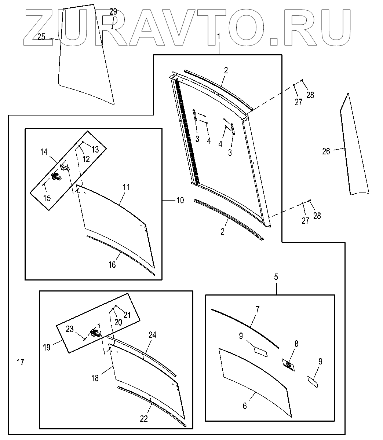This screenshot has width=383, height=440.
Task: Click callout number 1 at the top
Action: click(x=219, y=37)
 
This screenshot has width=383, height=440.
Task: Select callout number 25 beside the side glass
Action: click(x=41, y=36)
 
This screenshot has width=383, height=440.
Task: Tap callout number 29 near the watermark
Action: click(x=113, y=12)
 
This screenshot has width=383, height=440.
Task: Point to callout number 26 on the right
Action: click(x=326, y=151)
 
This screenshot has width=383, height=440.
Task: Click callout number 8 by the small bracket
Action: click(x=296, y=344)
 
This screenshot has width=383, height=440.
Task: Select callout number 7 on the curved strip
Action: click(x=258, y=309)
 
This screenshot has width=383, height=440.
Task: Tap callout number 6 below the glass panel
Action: click(x=245, y=406)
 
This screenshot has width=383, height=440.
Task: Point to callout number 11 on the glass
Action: click(x=126, y=187)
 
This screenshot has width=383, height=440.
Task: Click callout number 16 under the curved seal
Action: click(x=112, y=264)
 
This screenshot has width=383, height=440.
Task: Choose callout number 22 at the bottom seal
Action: click(x=144, y=419)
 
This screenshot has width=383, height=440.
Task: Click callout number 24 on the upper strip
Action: click(x=152, y=335)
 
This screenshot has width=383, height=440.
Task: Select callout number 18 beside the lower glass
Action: click(x=95, y=378)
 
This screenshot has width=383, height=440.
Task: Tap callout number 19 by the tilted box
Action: click(x=47, y=347)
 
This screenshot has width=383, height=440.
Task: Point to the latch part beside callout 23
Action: click(x=95, y=333)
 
